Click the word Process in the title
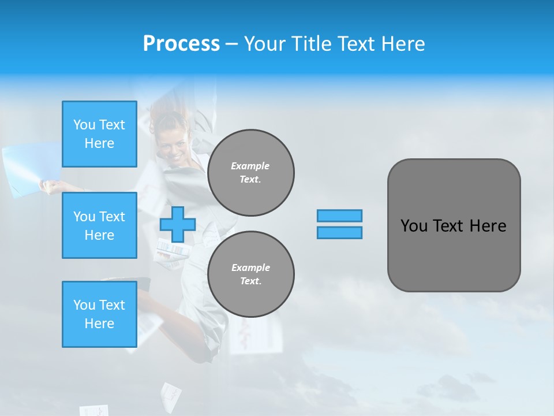[181, 44]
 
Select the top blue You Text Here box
[99, 134]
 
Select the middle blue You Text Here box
[99, 225]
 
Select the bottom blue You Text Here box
[99, 314]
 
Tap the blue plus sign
[178, 224]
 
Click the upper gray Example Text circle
[250, 173]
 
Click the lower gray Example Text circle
[250, 274]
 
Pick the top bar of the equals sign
[339, 216]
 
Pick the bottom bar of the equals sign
[339, 232]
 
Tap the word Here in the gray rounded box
[488, 226]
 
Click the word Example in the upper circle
[250, 166]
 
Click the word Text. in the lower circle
[250, 281]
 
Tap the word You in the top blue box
[84, 125]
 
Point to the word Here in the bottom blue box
[99, 324]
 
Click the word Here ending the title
[403, 44]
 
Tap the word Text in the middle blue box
[111, 217]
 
